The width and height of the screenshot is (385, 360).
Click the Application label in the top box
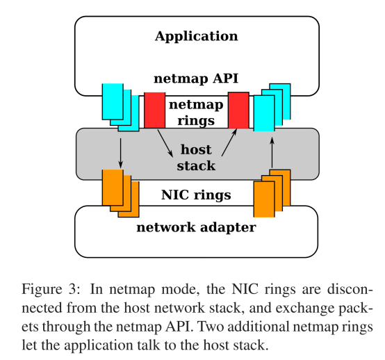coord(196,36)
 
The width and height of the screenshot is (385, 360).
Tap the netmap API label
coord(196,80)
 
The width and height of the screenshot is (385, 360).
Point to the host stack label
coord(196,158)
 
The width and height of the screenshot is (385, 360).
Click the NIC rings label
coord(196,195)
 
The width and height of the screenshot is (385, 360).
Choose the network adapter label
coord(196,227)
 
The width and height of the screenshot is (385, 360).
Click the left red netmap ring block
coord(154,110)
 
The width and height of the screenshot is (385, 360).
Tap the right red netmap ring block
coord(238,110)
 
